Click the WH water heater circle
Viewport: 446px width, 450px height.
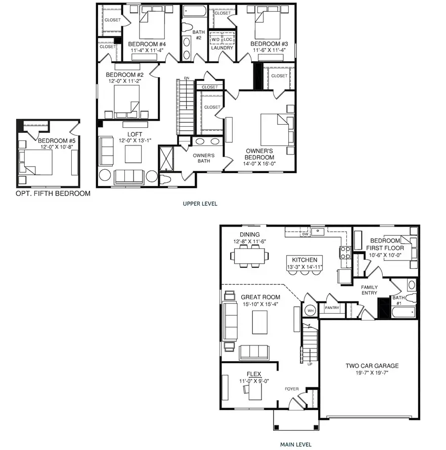click(x=310, y=311)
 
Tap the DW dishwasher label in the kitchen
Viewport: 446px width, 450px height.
click(x=305, y=234)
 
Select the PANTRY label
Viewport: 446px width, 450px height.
click(x=332, y=308)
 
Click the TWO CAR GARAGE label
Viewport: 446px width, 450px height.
click(x=372, y=366)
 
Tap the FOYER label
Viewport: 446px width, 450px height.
click(x=291, y=389)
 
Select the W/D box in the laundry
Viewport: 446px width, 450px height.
click(x=215, y=39)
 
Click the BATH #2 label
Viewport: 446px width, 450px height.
click(x=198, y=35)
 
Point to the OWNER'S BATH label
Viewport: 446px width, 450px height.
click(x=204, y=158)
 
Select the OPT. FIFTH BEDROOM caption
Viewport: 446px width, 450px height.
click(x=53, y=193)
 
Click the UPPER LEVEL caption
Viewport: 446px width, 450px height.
click(x=200, y=204)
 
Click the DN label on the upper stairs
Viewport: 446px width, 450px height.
click(x=187, y=78)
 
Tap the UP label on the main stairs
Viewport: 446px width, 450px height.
click(x=310, y=364)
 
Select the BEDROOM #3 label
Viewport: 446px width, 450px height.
click(x=268, y=43)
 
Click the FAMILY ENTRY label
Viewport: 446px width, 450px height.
click(x=369, y=290)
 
